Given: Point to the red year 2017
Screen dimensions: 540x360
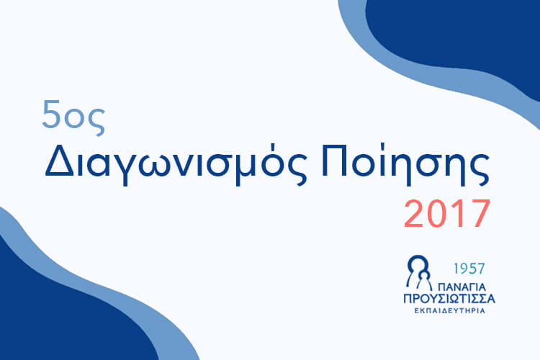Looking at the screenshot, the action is coord(446,214).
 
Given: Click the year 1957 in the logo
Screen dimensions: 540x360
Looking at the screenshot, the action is coord(469,269).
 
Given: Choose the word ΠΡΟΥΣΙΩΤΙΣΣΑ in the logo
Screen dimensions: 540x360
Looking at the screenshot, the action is coord(449,298).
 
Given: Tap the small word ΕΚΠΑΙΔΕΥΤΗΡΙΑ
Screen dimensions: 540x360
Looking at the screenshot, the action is coord(449,311).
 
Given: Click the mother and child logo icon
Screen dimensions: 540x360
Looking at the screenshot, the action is coord(419,272).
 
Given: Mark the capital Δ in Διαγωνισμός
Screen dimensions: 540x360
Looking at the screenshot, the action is coord(59,161).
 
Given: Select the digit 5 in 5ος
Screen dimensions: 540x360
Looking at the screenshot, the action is coord(51,114).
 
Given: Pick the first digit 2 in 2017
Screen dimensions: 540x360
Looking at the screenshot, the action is coord(413,214).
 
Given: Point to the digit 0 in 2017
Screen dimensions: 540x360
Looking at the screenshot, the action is coord(436,214).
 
